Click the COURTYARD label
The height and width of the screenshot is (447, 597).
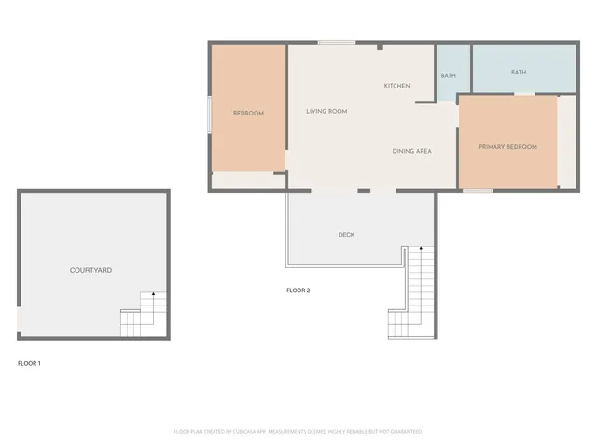point(91,270)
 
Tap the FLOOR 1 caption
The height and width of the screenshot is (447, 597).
point(30,363)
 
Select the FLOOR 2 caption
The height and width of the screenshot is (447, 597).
point(298,291)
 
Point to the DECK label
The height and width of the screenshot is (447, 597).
point(346,235)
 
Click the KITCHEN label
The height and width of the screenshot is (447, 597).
point(396,86)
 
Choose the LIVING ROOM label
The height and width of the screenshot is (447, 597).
point(326,111)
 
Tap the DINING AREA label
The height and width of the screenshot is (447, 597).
point(411,151)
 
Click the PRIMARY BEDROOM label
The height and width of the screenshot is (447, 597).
point(507,147)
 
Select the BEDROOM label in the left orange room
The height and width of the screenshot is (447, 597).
point(248,114)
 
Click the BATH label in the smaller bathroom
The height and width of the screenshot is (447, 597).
point(449,75)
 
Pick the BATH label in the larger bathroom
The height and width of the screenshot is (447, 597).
point(519,72)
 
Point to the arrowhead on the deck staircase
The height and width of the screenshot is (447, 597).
point(423,249)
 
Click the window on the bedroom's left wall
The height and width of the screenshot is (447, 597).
point(209,112)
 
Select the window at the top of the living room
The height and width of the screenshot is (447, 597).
point(336,42)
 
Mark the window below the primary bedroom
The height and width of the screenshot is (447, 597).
point(478,191)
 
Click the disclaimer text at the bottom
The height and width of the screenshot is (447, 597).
point(298,432)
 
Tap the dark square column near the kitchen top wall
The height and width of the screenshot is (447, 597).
point(380,47)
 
